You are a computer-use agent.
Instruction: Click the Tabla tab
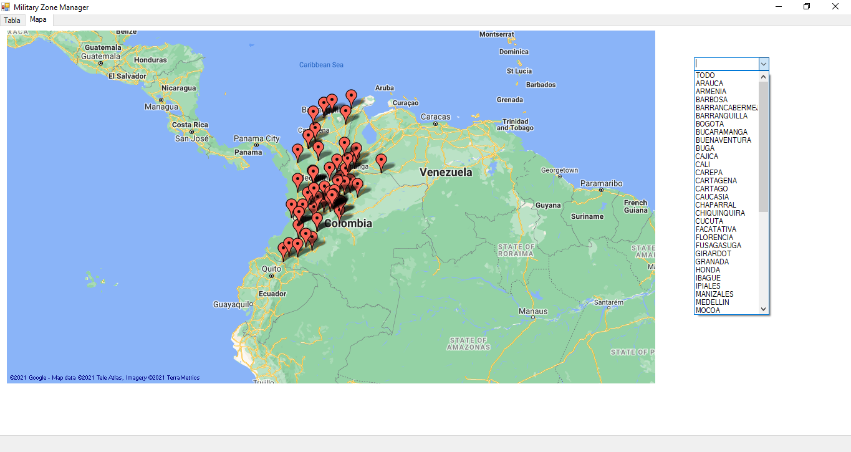coord(12,21)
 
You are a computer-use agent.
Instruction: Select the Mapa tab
coord(38,19)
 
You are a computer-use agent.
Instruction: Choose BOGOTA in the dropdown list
coord(709,124)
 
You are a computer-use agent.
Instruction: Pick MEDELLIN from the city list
coord(712,302)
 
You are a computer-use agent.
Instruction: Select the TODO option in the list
coord(705,75)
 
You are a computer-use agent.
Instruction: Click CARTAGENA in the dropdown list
coord(716,181)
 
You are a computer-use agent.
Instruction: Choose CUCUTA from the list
coord(709,221)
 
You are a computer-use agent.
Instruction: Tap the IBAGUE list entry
coord(708,278)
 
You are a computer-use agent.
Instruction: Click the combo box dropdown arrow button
coord(763,64)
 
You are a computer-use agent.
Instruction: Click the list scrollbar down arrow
coord(763,309)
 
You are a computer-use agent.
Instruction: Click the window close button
coord(835,7)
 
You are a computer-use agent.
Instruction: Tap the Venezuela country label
coord(446,172)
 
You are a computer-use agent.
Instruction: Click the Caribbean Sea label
coord(321,65)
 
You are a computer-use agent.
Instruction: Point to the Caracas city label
coord(435,117)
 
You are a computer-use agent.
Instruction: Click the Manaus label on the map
coord(533,311)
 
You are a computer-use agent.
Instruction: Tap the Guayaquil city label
coord(233,304)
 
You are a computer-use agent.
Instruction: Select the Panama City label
coord(256,138)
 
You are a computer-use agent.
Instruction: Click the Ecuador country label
coord(272,294)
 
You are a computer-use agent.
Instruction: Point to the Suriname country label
coord(587,216)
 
